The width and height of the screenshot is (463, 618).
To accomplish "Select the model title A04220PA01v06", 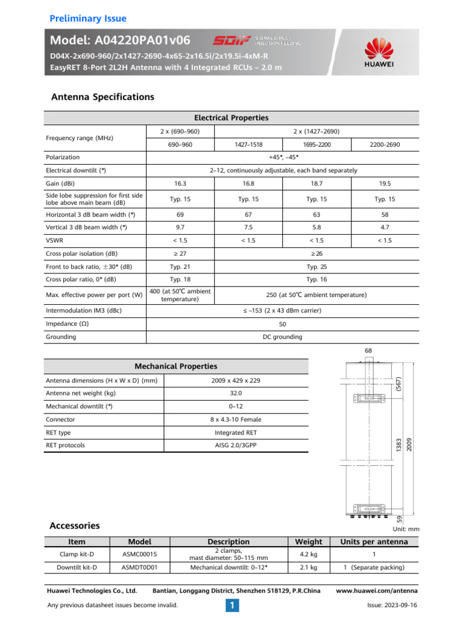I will pyautogui.click(x=121, y=40).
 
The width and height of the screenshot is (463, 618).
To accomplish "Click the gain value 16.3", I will pyautogui.click(x=180, y=183).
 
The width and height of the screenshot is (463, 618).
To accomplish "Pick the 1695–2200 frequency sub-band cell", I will pyautogui.click(x=317, y=144).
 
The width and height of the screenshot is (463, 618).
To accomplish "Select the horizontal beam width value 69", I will pyautogui.click(x=180, y=214).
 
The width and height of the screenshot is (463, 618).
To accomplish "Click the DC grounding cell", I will pyautogui.click(x=283, y=337).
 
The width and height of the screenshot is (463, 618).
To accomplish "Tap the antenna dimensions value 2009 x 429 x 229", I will pyautogui.click(x=236, y=380).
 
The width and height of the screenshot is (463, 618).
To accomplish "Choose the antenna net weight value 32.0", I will pyautogui.click(x=236, y=393).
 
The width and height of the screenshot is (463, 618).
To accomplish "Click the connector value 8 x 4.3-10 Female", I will pyautogui.click(x=236, y=419).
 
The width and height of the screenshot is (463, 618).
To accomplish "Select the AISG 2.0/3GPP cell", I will pyautogui.click(x=236, y=445).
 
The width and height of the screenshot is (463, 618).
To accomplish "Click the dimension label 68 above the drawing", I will pyautogui.click(x=368, y=350).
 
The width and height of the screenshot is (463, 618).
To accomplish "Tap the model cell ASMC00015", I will pyautogui.click(x=140, y=554).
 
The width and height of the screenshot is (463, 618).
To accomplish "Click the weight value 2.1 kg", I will pyautogui.click(x=309, y=567).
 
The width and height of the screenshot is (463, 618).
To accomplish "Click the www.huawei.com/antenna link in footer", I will pyautogui.click(x=376, y=590).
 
